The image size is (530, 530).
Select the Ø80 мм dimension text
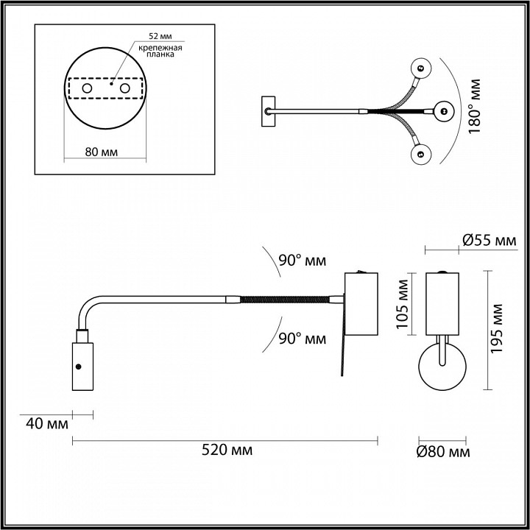(x=442, y=451)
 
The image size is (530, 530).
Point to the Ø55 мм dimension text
(x=489, y=240)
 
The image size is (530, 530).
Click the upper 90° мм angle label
(x=302, y=261)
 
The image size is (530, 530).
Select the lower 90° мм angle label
(x=302, y=339)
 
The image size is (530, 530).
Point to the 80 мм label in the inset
(x=102, y=152)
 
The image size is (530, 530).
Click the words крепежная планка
(x=160, y=51)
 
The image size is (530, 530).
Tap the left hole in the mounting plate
(x=87, y=89)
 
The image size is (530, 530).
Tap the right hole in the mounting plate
(x=125, y=89)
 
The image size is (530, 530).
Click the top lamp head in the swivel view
(x=423, y=68)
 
